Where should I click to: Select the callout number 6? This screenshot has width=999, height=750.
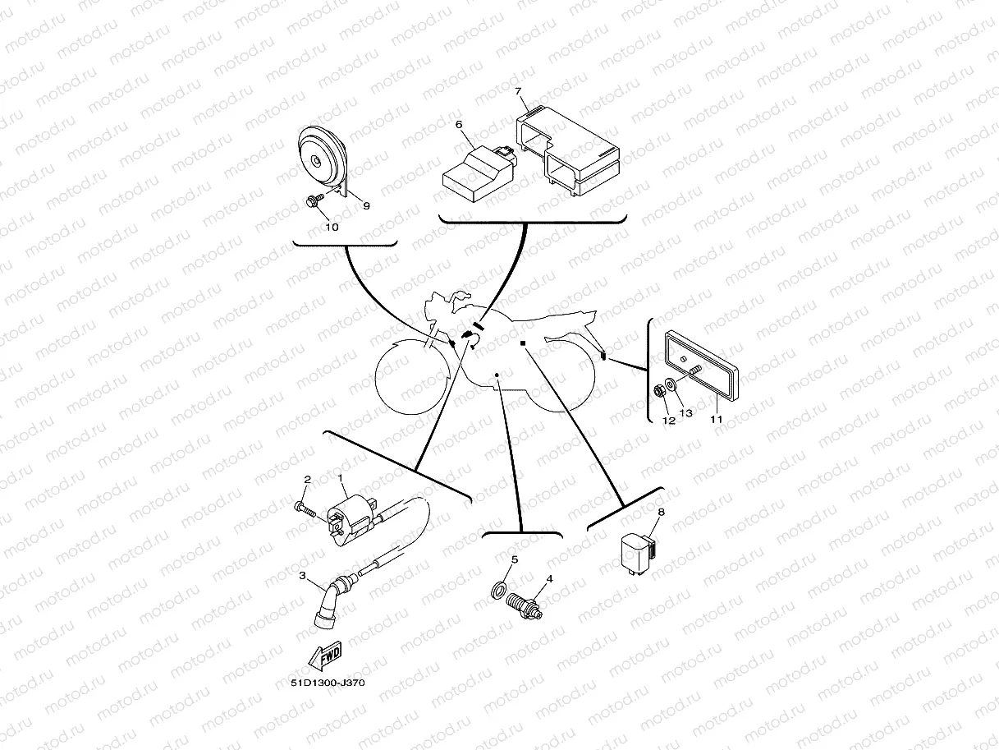[x=460, y=125]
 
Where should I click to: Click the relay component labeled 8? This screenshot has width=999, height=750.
[x=639, y=548]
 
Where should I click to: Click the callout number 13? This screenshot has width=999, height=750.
[x=686, y=412]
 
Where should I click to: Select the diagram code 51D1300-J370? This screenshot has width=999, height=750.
[x=327, y=683]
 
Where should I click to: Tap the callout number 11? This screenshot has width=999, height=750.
[x=716, y=419]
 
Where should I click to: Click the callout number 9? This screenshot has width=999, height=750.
[x=366, y=205]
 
